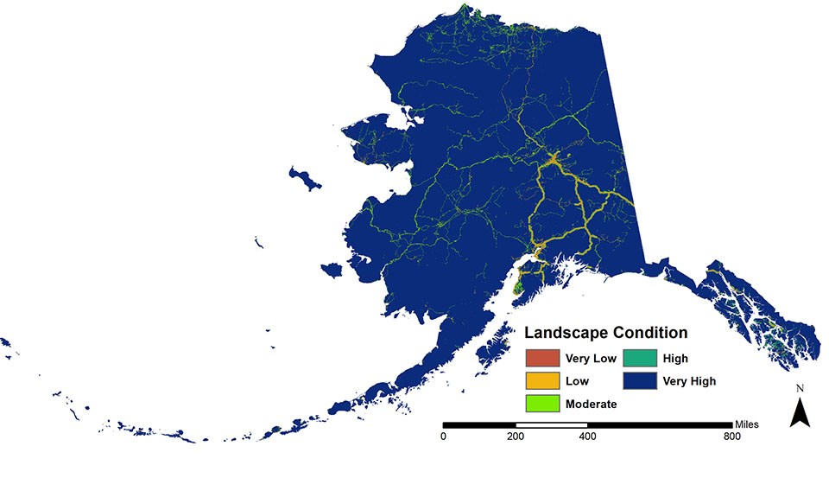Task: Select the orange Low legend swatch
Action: [541, 380]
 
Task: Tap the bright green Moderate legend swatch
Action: [541, 403]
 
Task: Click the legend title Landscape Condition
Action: [606, 333]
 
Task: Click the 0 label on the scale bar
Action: [443, 437]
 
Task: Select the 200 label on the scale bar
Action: [516, 437]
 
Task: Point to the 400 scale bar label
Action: [587, 437]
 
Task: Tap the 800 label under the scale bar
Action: [731, 437]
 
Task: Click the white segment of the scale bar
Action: [551, 425]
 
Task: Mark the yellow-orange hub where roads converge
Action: [553, 160]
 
